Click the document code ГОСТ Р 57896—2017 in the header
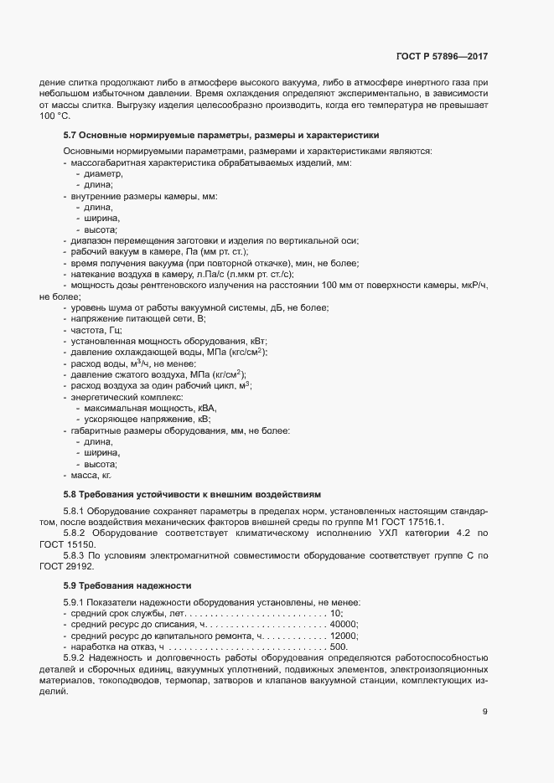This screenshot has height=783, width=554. [441, 56]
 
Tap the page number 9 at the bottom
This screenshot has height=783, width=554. [484, 712]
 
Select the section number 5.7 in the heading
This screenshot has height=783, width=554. [70, 134]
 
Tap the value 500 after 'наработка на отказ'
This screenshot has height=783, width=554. [339, 647]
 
